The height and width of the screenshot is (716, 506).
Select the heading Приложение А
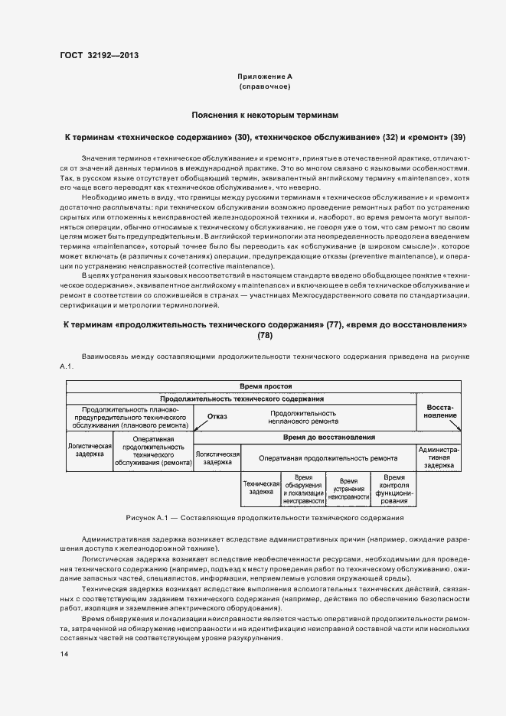tap(264, 77)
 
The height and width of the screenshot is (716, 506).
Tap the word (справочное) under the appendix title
tap(264, 87)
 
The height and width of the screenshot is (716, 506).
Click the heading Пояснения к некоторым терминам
tap(264, 116)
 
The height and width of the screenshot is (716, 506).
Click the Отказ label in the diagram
tap(217, 417)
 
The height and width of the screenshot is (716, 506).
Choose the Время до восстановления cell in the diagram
tap(328, 438)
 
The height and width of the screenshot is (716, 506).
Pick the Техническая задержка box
tap(261, 488)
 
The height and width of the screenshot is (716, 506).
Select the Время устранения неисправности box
tap(348, 488)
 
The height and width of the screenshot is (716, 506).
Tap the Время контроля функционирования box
tap(393, 488)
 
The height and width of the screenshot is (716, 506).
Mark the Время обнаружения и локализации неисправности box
tap(304, 488)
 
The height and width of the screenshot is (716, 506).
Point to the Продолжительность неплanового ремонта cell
tap(302, 417)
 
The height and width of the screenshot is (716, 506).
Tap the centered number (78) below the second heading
tap(264, 335)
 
